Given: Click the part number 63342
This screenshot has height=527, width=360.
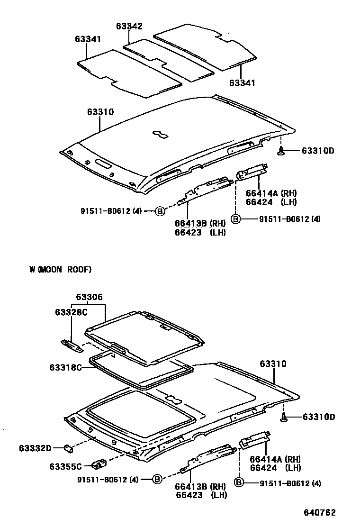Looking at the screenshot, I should [x=129, y=27].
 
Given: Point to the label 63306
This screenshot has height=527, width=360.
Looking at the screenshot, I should [x=89, y=297].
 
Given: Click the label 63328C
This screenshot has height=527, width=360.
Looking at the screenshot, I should [x=71, y=312].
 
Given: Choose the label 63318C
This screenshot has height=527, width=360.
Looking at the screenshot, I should [x=65, y=367].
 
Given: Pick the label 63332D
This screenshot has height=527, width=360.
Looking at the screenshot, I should [x=35, y=447].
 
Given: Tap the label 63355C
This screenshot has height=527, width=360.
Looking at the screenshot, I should [x=65, y=466].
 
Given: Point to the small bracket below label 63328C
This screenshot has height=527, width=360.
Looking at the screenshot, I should [x=72, y=345].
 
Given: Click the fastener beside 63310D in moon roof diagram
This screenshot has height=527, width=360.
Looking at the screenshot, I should [x=284, y=417].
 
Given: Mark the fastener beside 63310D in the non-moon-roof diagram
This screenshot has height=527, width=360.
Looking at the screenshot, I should [x=281, y=151].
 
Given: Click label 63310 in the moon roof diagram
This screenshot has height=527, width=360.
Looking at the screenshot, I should [x=273, y=364].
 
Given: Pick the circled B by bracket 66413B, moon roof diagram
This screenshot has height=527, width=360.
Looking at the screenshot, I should [x=157, y=480].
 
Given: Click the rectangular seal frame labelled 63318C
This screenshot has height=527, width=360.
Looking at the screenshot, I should [x=142, y=370].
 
